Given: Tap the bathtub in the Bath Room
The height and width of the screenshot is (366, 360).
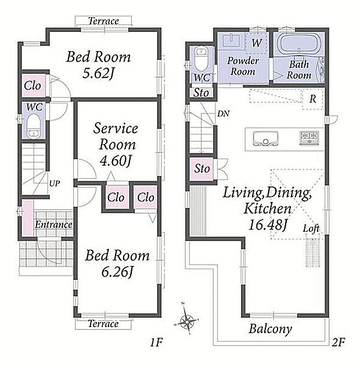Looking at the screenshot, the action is (299, 44).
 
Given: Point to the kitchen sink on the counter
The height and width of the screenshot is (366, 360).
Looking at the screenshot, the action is (265, 139).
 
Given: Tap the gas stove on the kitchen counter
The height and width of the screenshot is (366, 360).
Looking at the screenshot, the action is (309, 138).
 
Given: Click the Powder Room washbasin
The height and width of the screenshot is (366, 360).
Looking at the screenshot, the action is (231, 41).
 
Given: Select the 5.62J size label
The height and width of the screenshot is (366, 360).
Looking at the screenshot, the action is (98, 74).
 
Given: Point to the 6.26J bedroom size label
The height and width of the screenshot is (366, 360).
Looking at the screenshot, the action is (117, 272).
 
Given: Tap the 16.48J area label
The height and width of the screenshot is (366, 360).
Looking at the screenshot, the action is (268, 225).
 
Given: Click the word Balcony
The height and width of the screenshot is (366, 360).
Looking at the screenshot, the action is (271, 329).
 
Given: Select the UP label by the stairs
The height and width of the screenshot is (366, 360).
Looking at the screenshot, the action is (55, 184).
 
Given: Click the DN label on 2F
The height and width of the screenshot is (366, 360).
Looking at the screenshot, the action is (224, 114).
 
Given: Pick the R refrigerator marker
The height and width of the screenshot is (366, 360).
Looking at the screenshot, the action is (312, 99).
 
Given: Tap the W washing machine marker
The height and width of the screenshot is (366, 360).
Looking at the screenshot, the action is (257, 43).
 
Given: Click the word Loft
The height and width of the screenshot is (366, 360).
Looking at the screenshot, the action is (311, 228).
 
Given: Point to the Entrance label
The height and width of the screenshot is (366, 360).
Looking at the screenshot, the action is (53, 225).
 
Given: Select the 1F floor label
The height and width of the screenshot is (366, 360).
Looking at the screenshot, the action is (156, 343).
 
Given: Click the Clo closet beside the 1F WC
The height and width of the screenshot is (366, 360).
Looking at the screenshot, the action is (33, 85).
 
